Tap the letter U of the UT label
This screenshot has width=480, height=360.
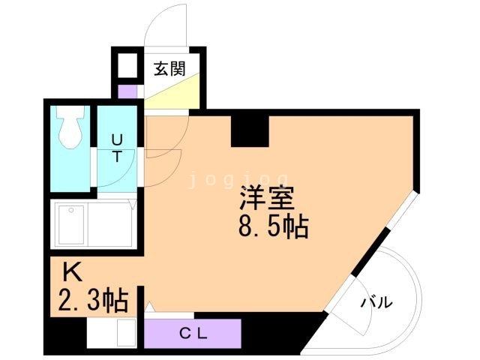117,139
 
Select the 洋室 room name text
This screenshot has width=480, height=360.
267,199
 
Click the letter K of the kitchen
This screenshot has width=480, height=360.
71,271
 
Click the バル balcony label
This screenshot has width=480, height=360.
376,302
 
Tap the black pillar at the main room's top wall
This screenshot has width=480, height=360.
249,130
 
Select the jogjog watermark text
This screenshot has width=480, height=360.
237,179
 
